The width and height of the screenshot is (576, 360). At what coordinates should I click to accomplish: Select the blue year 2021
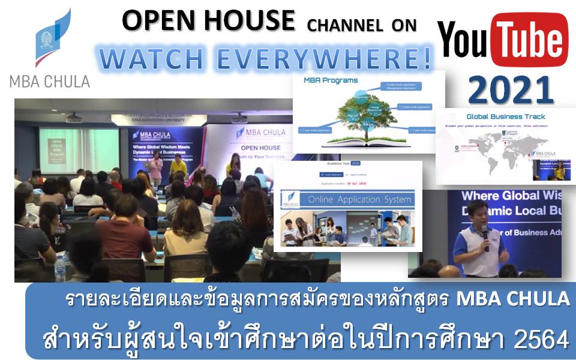511,89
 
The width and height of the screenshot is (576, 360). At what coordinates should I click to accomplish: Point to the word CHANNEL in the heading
344,25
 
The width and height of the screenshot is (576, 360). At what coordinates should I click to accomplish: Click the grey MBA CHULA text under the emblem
50,81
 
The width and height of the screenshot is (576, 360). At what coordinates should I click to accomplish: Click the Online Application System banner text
359,199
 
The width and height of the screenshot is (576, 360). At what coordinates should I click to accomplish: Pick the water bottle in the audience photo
60,269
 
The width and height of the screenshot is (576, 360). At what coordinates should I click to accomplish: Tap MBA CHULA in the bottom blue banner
512,300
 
